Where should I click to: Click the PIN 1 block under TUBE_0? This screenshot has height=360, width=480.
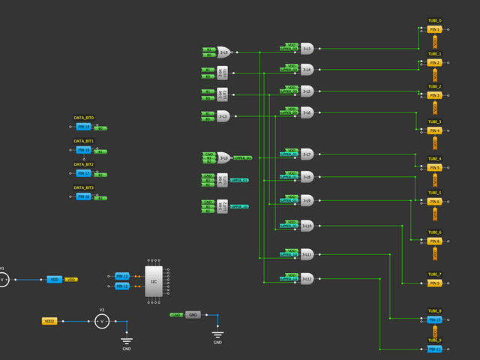[x=435, y=29]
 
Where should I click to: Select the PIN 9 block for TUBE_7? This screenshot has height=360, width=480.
[x=435, y=283]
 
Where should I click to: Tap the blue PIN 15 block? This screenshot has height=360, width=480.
[x=435, y=319]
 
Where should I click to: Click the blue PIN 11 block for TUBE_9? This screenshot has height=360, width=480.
[x=435, y=349]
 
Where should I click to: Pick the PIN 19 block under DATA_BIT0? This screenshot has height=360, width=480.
[x=83, y=127]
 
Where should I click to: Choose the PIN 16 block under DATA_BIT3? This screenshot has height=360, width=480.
[x=83, y=196]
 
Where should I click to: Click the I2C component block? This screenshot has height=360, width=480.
[x=153, y=280]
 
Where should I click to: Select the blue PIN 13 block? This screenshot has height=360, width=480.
[x=122, y=276]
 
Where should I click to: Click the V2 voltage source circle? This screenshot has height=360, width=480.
[x=102, y=321]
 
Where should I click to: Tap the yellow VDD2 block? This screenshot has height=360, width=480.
[x=49, y=321]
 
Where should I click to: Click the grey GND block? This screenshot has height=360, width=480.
[x=193, y=315]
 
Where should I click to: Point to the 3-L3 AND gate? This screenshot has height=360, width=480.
[x=307, y=49]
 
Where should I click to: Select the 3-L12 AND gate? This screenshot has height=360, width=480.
[x=307, y=278]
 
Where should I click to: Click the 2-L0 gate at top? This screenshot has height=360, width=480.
[x=223, y=52]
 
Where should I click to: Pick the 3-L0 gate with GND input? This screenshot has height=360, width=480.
[x=223, y=158]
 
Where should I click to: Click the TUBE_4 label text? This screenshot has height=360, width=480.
[x=435, y=159]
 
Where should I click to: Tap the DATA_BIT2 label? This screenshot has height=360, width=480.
[x=83, y=164]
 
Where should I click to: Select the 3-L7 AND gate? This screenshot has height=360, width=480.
[x=307, y=154]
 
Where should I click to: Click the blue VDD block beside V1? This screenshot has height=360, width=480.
[x=54, y=279]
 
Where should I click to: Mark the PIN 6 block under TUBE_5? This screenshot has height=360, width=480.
[x=435, y=202]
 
